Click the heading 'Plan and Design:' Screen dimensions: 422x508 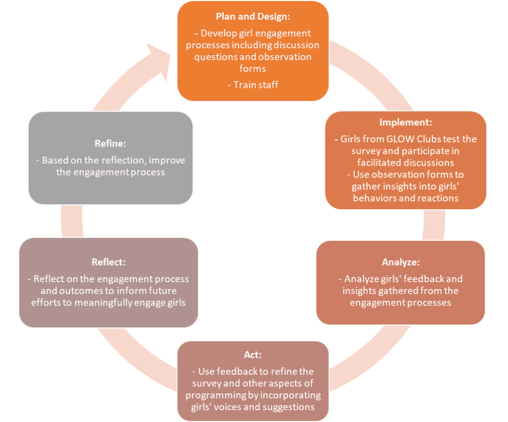click(253, 16)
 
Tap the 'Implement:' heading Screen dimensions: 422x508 click(405, 122)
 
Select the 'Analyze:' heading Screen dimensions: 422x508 click(400, 262)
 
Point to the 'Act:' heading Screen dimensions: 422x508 click(253, 355)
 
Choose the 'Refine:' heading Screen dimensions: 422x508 click(110, 143)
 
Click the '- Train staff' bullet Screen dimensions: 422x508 click(253, 85)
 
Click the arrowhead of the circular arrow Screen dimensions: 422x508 click(160, 57)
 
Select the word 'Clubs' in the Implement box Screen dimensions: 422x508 click(427, 139)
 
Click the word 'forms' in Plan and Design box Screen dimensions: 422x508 click(253, 69)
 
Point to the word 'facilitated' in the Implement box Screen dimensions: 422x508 click(380, 162)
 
